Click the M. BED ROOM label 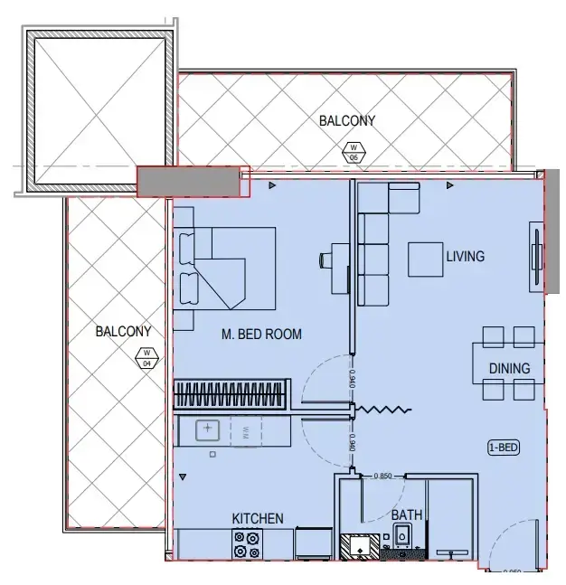[x=261, y=335]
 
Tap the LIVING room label [x=465, y=257]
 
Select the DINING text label [x=509, y=368]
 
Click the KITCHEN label [x=258, y=518]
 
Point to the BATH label [x=407, y=515]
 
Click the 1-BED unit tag [x=504, y=447]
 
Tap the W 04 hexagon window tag [x=145, y=358]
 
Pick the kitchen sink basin [x=209, y=430]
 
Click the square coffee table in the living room [x=425, y=259]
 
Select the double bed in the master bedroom [x=226, y=267]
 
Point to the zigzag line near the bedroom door [x=383, y=410]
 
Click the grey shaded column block [x=192, y=182]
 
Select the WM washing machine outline [x=245, y=430]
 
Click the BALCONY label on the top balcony [x=347, y=120]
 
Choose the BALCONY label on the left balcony [x=123, y=332]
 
